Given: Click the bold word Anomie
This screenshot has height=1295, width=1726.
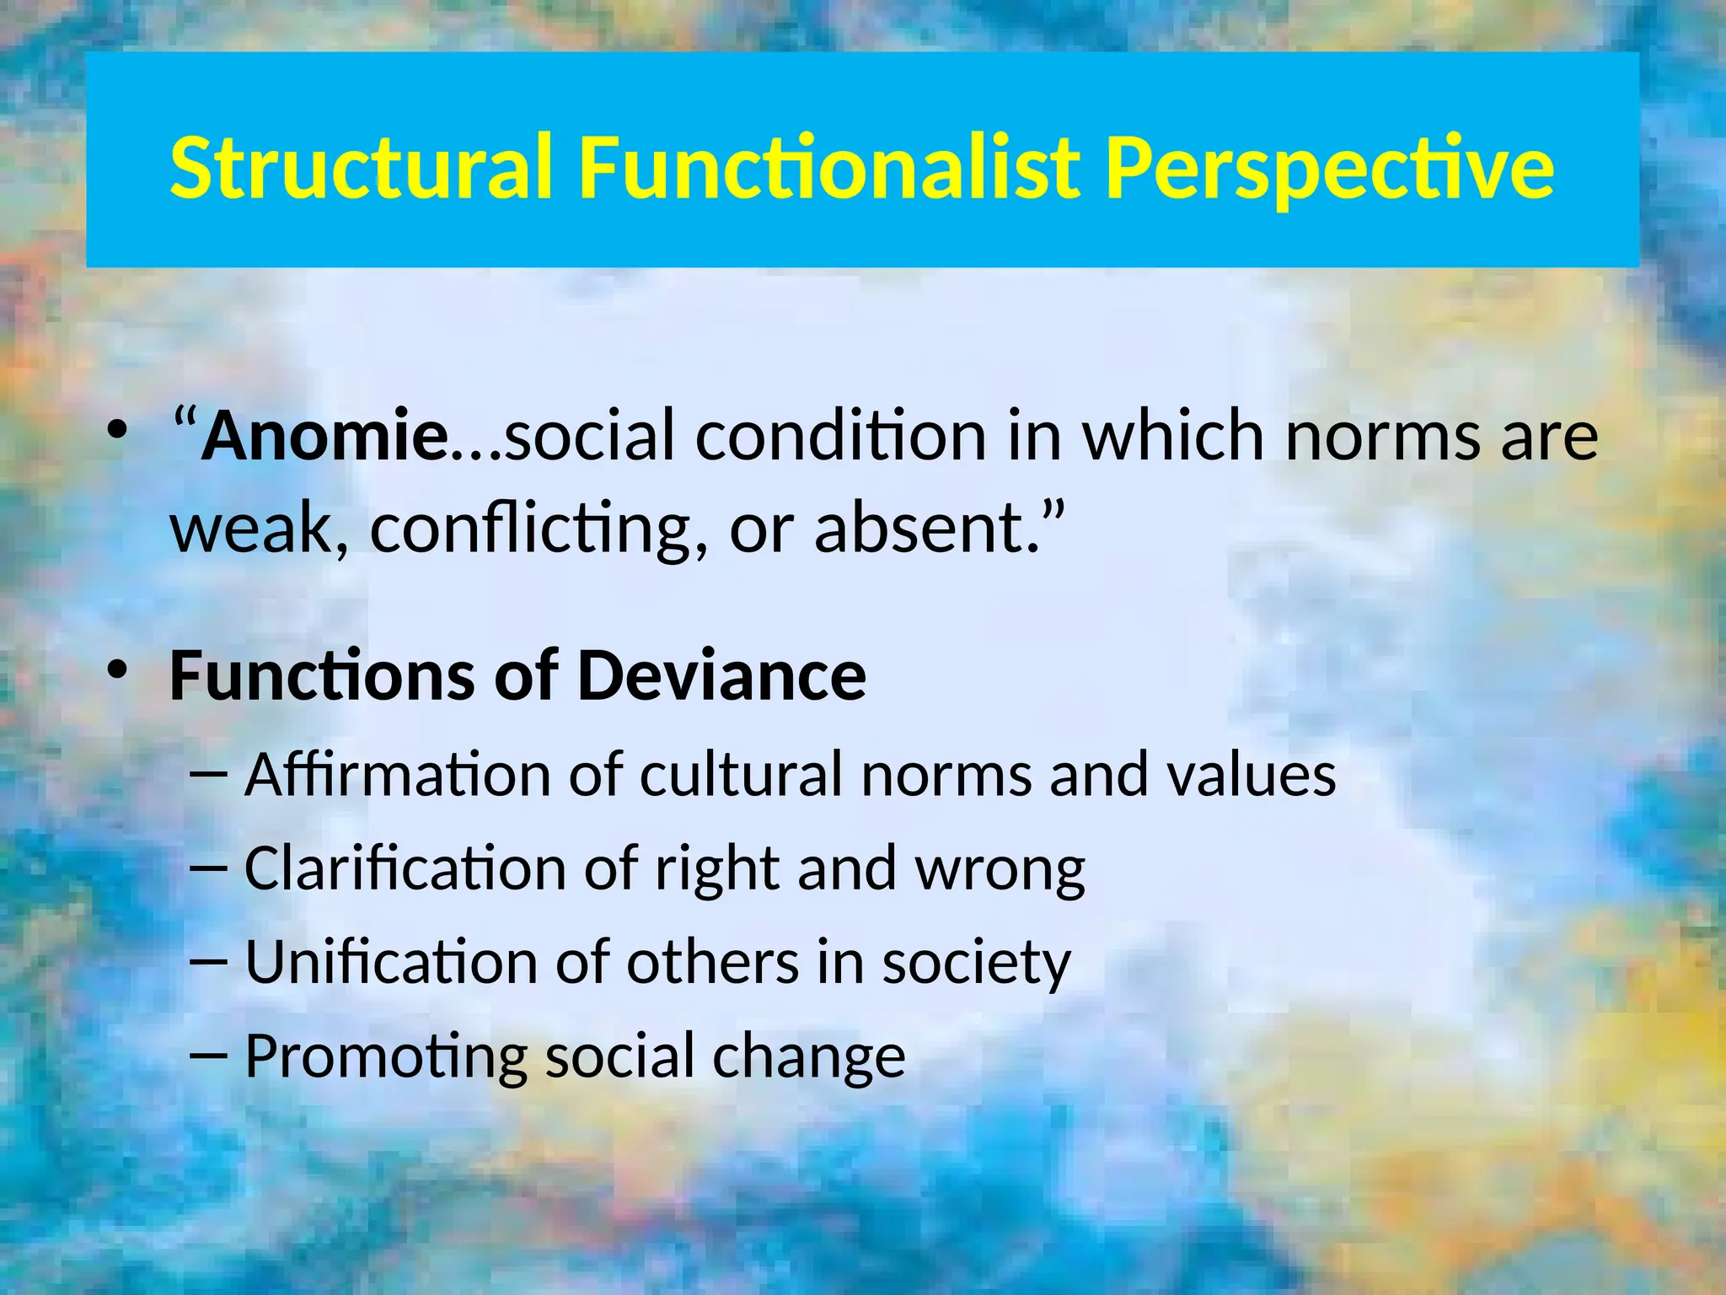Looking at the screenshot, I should (324, 436).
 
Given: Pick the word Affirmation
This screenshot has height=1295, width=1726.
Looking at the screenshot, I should (398, 774).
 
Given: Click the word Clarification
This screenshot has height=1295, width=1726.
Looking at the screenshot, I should (405, 868).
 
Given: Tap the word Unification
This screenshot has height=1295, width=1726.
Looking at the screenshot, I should (390, 962).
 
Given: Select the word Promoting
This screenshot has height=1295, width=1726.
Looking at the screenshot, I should (385, 1057).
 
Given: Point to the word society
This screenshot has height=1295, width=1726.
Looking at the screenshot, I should (976, 964).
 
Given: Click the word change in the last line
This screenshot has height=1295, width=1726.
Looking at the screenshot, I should (808, 1057).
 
